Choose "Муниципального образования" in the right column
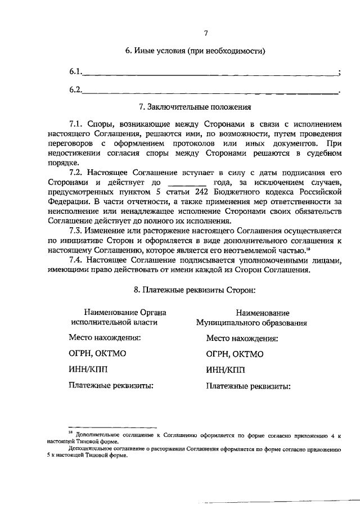251,323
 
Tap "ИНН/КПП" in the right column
227,370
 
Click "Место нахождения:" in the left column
105,338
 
